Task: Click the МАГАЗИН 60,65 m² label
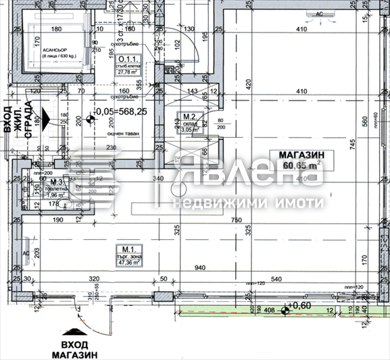[x=301, y=161]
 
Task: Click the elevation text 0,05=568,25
[x=121, y=112]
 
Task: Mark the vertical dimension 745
[x=354, y=144]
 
